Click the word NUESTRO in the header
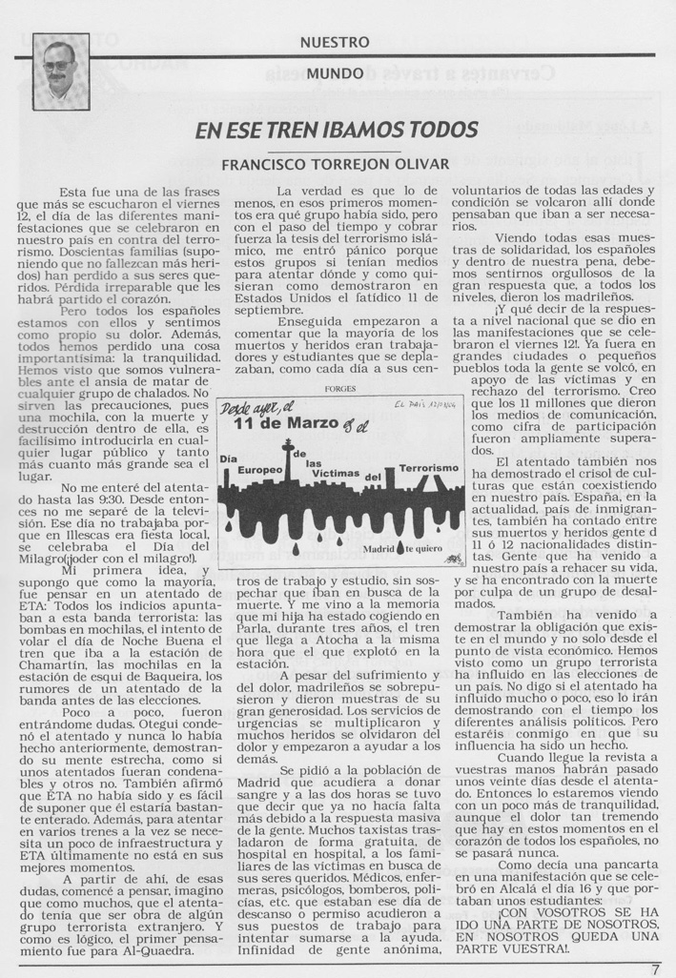pyautogui.click(x=335, y=42)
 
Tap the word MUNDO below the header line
pyautogui.click(x=335, y=72)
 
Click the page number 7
pyautogui.click(x=656, y=969)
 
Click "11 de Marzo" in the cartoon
pyautogui.click(x=282, y=425)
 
